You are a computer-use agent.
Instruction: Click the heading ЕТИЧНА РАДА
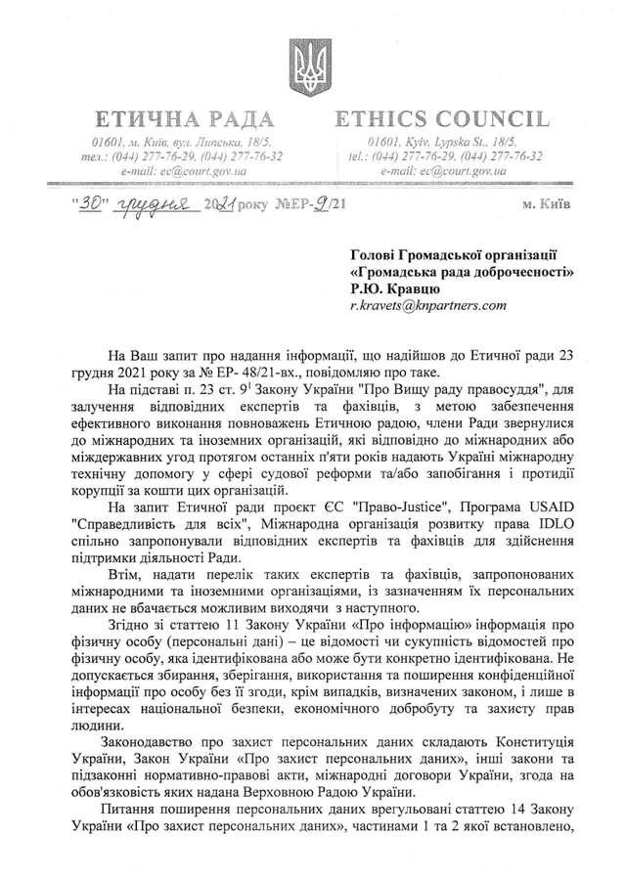pyautogui.click(x=183, y=120)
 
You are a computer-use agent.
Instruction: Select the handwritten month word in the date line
pyautogui.click(x=143, y=207)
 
